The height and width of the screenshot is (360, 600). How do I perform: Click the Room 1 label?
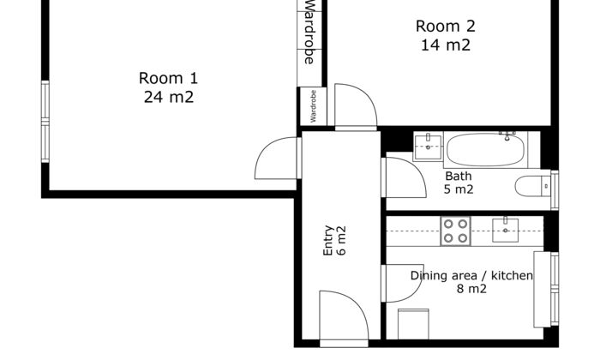pyautogui.click(x=168, y=78)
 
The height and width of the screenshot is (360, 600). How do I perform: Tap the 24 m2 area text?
pyautogui.click(x=169, y=97)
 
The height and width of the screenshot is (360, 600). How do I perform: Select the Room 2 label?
pyautogui.click(x=446, y=27)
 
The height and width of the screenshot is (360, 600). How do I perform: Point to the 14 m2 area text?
pyautogui.click(x=446, y=45)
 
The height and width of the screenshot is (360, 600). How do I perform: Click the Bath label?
pyautogui.click(x=459, y=176)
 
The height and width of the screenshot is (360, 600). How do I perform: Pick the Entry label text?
pyautogui.click(x=328, y=240)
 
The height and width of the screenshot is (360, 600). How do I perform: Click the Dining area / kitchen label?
pyautogui.click(x=471, y=275)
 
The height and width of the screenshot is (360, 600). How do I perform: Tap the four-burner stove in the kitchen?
pyautogui.click(x=455, y=231)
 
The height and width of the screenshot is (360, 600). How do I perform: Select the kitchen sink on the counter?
pyautogui.click(x=505, y=230)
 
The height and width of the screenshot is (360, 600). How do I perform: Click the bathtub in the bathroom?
pyautogui.click(x=485, y=150)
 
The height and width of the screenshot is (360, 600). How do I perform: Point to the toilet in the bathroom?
pyautogui.click(x=532, y=186)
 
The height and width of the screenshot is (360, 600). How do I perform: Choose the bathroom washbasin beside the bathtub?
pyautogui.click(x=428, y=146)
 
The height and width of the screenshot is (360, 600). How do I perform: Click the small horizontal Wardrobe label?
pyautogui.click(x=314, y=106)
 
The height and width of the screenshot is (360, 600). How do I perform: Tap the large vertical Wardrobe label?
pyautogui.click(x=309, y=32)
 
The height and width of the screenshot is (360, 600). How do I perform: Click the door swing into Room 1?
pyautogui.click(x=276, y=158)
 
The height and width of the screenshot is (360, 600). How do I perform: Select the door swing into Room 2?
pyautogui.click(x=356, y=105)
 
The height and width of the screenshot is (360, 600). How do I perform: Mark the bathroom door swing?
pyautogui.click(x=406, y=177)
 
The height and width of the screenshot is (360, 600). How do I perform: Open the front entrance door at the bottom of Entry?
pyautogui.click(x=344, y=315)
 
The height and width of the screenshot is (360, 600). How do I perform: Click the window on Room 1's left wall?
pyautogui.click(x=45, y=122)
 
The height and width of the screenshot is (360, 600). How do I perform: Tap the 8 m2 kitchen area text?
pyautogui.click(x=471, y=289)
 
